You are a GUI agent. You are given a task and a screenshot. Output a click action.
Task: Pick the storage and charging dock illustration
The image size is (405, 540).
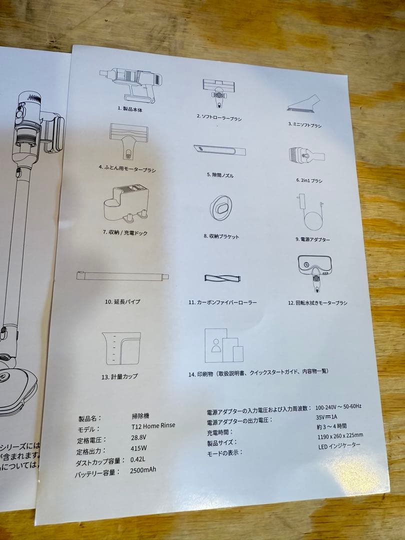[x=126, y=202]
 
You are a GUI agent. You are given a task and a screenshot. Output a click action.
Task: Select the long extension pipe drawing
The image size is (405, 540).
[x=122, y=276]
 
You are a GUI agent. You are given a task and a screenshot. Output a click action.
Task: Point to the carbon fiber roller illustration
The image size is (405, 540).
[x=223, y=279]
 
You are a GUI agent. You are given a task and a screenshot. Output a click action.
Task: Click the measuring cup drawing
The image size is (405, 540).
[x=121, y=348]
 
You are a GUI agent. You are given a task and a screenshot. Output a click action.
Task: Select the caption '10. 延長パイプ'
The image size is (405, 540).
[x=122, y=301]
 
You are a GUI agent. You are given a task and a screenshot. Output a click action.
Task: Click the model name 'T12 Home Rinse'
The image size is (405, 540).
[x=149, y=426]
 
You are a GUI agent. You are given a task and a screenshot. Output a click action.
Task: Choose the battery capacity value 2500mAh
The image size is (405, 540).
[x=144, y=470]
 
